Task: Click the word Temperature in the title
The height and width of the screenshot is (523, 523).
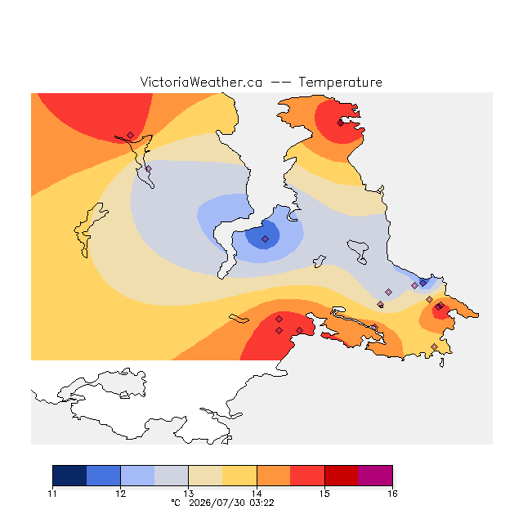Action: pos(340,82)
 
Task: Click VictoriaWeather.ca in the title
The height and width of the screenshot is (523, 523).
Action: pos(201,82)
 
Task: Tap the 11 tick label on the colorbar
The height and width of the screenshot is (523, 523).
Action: pos(52,494)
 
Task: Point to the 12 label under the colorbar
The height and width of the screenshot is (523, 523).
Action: pos(121,494)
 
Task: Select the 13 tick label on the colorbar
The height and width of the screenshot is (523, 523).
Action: pos(189,494)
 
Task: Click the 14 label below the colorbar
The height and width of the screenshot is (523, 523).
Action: pos(257,494)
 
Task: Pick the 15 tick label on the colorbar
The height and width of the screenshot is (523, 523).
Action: pos(324,494)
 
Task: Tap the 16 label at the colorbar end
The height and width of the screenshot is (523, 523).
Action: pos(392,494)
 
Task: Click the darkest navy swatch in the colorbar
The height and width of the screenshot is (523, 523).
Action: pos(69,476)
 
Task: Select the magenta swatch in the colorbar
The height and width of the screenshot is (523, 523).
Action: pos(375,476)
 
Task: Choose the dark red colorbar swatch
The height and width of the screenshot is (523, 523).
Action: pos(342,476)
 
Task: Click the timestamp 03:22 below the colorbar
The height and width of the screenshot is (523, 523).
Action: pos(261,503)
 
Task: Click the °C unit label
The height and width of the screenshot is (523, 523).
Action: pos(176,503)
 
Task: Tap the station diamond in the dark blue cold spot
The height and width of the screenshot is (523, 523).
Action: pos(265,239)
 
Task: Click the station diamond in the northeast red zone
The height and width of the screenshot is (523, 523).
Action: pos(340,123)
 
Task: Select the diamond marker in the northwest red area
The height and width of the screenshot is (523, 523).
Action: pos(131,135)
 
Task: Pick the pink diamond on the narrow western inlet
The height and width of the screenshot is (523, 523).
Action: pos(149,169)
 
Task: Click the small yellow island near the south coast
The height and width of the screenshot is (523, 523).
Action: pos(239,319)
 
